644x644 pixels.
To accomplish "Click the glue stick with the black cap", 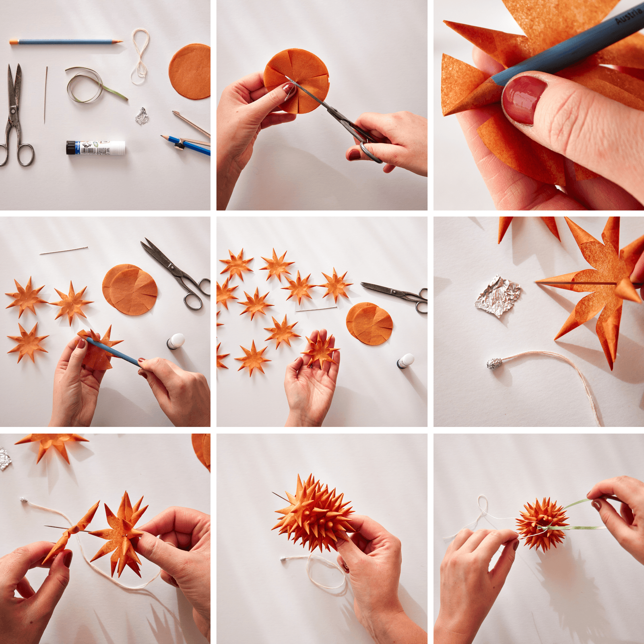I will click(96, 148).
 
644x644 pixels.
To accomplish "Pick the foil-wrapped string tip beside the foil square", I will click(494, 364).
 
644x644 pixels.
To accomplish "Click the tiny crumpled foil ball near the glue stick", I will click(142, 116).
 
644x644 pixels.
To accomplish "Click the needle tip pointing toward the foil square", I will click(537, 283).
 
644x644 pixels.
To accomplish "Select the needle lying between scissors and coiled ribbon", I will click(45, 95).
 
